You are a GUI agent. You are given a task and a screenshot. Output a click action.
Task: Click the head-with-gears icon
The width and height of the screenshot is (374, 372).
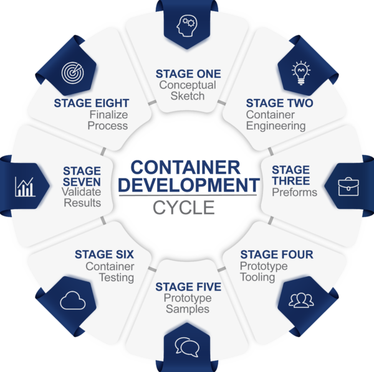pyautogui.click(x=187, y=26)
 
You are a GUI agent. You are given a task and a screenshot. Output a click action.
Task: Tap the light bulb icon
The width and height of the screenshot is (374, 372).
pyautogui.click(x=301, y=73)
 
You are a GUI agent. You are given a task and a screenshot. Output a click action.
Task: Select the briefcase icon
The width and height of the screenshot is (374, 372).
pyautogui.click(x=348, y=187)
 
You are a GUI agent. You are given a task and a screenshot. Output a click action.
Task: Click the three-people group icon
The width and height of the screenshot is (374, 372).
pyautogui.click(x=301, y=300)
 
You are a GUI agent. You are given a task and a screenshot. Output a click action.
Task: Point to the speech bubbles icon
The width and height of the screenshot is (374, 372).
pyautogui.click(x=187, y=347)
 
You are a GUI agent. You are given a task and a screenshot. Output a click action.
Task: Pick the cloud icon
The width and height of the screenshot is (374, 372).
pyautogui.click(x=73, y=300)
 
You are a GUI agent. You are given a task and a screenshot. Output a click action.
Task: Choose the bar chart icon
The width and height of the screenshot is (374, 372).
pyautogui.click(x=25, y=187)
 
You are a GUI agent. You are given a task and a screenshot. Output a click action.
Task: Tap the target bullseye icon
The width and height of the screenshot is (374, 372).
pyautogui.click(x=73, y=73)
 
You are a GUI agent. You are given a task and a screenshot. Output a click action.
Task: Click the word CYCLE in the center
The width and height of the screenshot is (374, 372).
pyautogui.click(x=184, y=208)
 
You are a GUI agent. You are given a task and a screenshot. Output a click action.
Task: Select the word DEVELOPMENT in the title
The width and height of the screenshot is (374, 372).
pyautogui.click(x=189, y=185)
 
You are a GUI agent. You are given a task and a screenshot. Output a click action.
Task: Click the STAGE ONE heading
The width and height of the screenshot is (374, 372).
pyautogui.click(x=188, y=74)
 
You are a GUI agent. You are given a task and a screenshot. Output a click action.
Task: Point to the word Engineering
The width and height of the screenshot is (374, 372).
pyautogui.click(x=276, y=126)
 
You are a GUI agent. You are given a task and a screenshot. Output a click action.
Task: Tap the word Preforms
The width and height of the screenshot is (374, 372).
pyautogui.click(x=295, y=192)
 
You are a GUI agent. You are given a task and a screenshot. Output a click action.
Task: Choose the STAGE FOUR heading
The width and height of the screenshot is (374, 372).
pyautogui.click(x=277, y=254)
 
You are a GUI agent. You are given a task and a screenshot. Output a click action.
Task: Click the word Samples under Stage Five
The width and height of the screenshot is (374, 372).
pyautogui.click(x=188, y=309)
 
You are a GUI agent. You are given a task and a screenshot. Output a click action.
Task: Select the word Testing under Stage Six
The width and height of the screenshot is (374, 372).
pyautogui.click(x=117, y=277)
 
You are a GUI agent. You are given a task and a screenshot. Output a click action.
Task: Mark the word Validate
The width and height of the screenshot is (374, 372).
pyautogui.click(x=81, y=192)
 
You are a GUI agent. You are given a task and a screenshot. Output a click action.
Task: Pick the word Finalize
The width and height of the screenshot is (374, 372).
pyautogui.click(x=108, y=114)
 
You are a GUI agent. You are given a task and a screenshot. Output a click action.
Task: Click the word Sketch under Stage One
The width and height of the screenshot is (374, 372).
pyautogui.click(x=188, y=96)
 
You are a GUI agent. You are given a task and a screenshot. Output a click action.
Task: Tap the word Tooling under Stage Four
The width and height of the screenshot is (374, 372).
pyautogui.click(x=257, y=277)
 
